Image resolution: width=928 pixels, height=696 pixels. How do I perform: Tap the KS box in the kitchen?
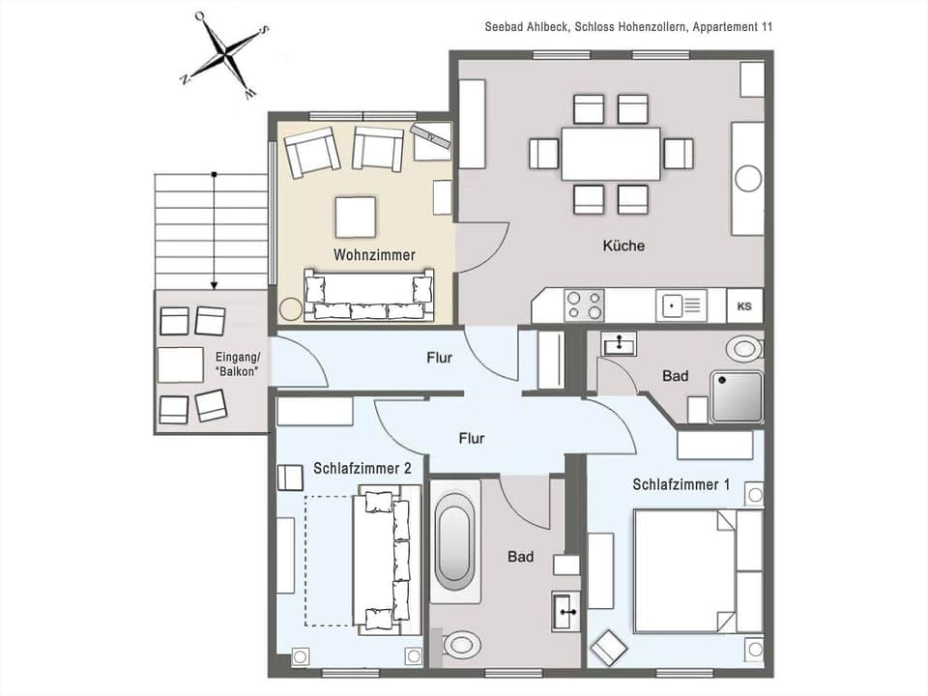[744, 306]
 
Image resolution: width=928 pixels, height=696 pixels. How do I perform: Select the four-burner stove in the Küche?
[584, 305]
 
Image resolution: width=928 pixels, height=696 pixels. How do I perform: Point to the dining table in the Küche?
[611, 154]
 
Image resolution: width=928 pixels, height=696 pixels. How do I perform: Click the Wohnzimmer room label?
[374, 255]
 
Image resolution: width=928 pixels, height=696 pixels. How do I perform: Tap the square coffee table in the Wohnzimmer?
[356, 217]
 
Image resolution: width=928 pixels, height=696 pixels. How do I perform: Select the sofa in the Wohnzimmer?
[369, 295]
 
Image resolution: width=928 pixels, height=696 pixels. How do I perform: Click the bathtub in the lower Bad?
[457, 548]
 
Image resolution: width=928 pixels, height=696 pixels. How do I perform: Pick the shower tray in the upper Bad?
[738, 396]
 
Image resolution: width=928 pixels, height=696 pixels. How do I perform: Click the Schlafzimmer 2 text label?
[362, 468]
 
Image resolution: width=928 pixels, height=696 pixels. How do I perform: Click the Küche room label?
[623, 246]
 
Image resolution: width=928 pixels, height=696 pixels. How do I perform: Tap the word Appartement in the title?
[728, 27]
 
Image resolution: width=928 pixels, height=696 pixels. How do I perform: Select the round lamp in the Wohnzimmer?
[290, 309]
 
